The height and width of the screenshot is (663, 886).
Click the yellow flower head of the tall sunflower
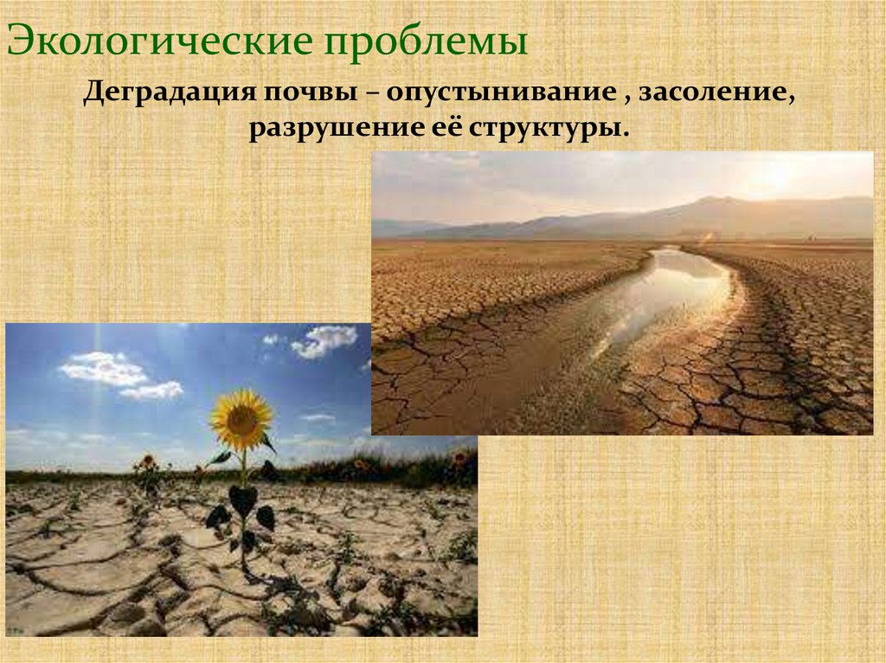[241, 419]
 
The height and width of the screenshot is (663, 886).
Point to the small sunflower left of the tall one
[149, 464]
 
